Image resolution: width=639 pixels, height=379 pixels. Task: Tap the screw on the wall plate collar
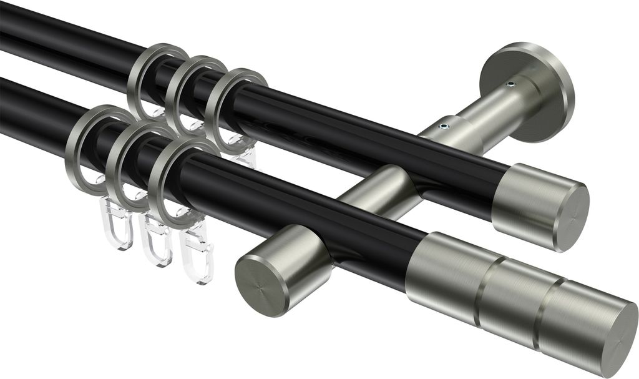pyautogui.click(x=510, y=86)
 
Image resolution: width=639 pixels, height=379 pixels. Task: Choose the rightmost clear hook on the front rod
pyautogui.click(x=196, y=256)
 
